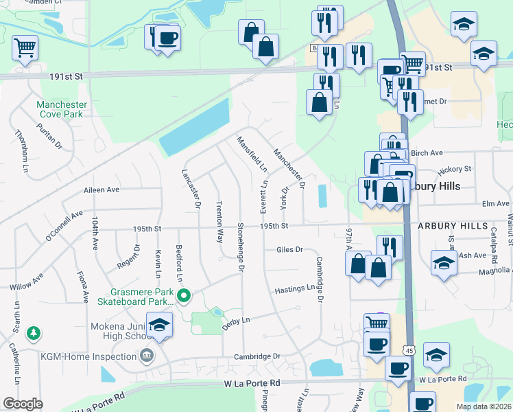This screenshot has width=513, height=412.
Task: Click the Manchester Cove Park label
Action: tap(62, 109)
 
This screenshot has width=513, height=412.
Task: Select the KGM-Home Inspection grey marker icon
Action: tap(146, 356)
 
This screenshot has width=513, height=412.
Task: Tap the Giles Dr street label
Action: tap(289, 250)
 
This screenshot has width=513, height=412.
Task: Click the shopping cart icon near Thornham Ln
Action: tap(25, 48)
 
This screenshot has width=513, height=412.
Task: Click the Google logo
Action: tap(23, 404)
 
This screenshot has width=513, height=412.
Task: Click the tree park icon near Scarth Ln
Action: tap(33, 334)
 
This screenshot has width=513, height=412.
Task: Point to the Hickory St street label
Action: tap(458, 168)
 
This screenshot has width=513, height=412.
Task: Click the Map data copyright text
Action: tap(483, 407)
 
